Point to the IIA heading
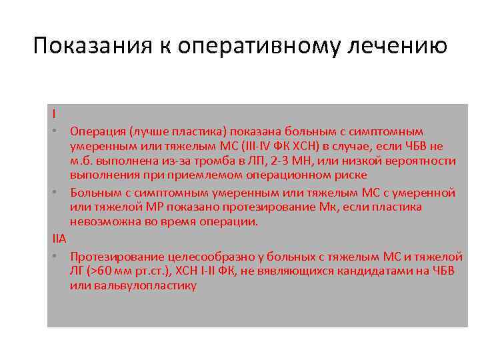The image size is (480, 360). [x=59, y=237]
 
